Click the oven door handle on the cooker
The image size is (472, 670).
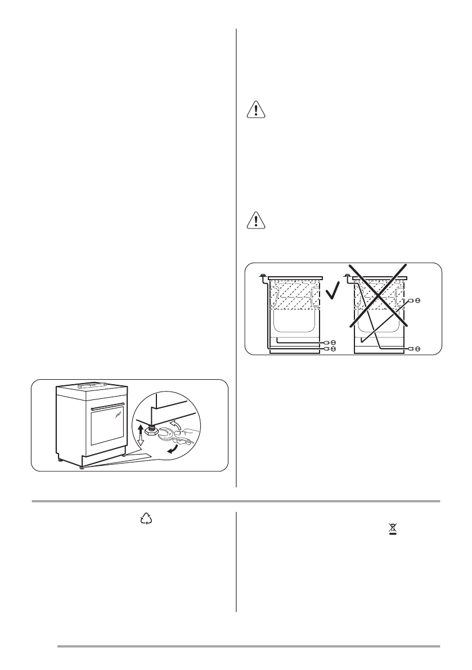[107, 406]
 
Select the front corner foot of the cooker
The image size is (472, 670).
[82, 466]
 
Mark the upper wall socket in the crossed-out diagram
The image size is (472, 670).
[417, 301]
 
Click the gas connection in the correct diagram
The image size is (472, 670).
[263, 276]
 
